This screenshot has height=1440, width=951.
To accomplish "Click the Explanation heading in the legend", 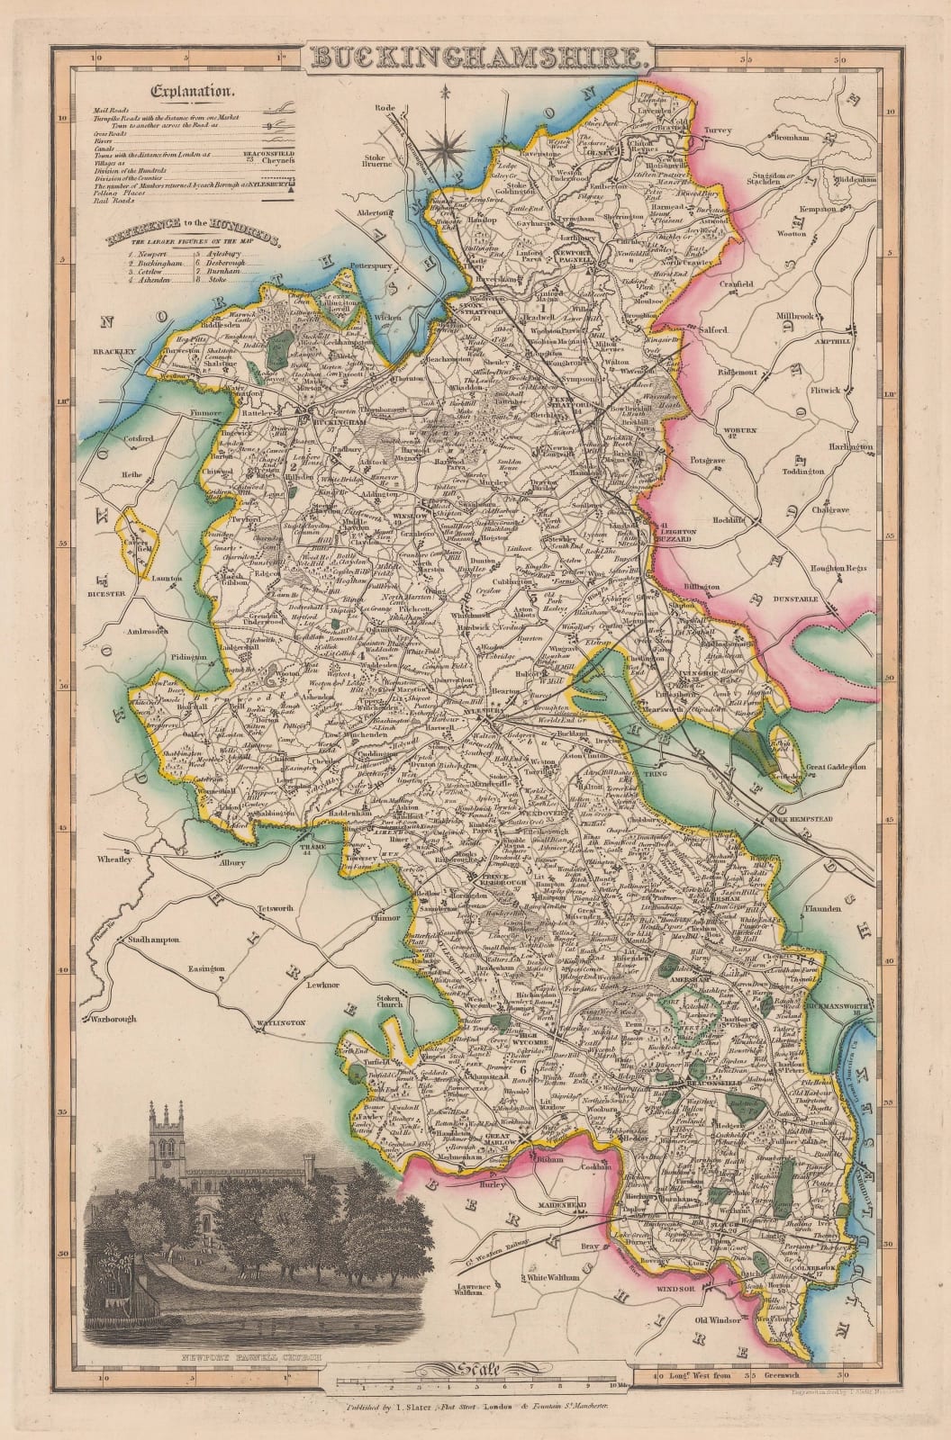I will coord(193,91).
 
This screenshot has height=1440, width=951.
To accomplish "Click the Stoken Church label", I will coord(388,1001).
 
